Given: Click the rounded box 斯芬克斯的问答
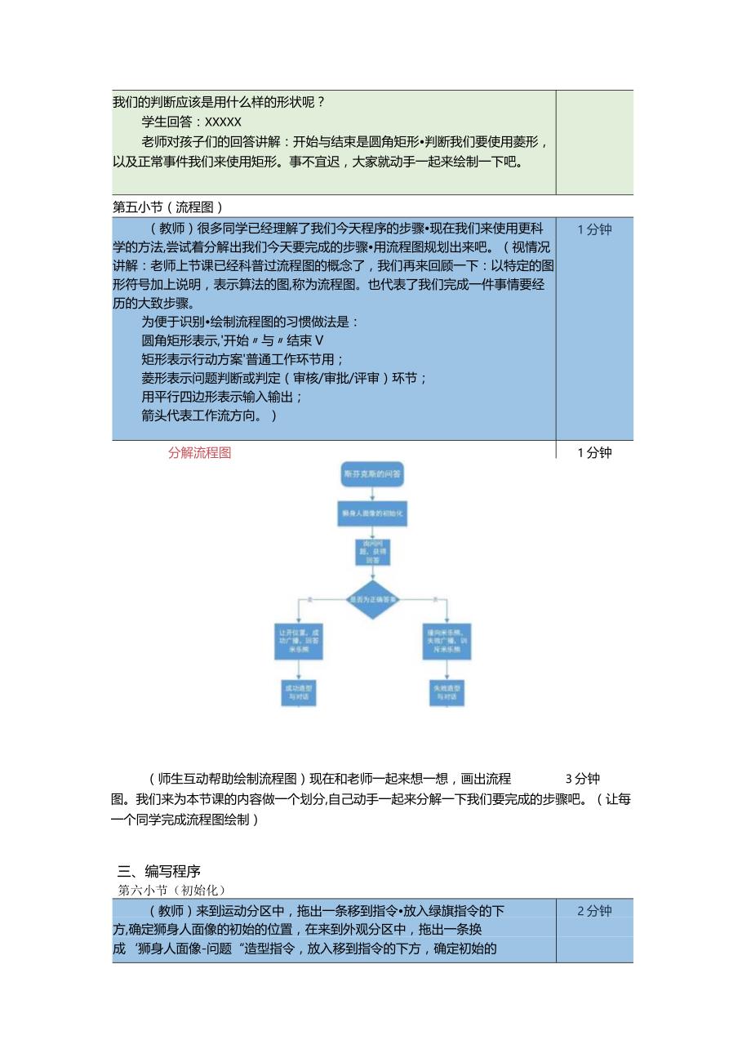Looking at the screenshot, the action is (x=374, y=474).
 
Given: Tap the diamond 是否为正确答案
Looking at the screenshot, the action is (x=374, y=600).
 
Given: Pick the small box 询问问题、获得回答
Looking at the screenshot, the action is (x=374, y=552).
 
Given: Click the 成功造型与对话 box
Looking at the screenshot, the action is (x=299, y=694).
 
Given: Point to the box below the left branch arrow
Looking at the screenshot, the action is (x=299, y=641).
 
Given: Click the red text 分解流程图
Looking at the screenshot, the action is (x=200, y=453).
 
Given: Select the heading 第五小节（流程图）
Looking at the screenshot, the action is (x=167, y=207).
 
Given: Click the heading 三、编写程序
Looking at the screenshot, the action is (x=159, y=871).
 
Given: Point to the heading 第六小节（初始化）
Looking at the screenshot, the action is (x=171, y=890).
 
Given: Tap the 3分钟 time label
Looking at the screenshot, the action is (x=583, y=779).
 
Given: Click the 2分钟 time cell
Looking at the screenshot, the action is (x=594, y=911).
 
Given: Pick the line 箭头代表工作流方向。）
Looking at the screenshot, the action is (x=209, y=415).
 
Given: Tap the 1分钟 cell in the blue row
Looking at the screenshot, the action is (x=594, y=229).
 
